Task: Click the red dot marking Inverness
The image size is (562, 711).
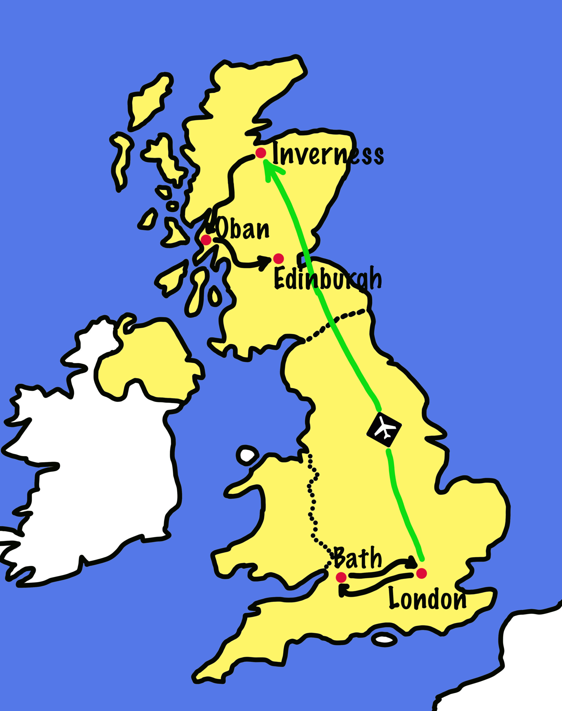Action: (261, 153)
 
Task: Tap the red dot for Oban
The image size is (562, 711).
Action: (206, 240)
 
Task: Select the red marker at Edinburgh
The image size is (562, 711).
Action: (278, 259)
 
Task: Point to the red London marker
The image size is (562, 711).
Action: (421, 573)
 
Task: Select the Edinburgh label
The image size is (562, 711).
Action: (327, 279)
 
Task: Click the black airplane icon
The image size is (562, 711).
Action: (384, 429)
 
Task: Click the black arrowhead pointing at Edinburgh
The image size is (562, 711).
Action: (265, 262)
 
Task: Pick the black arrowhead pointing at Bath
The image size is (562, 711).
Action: (342, 590)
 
